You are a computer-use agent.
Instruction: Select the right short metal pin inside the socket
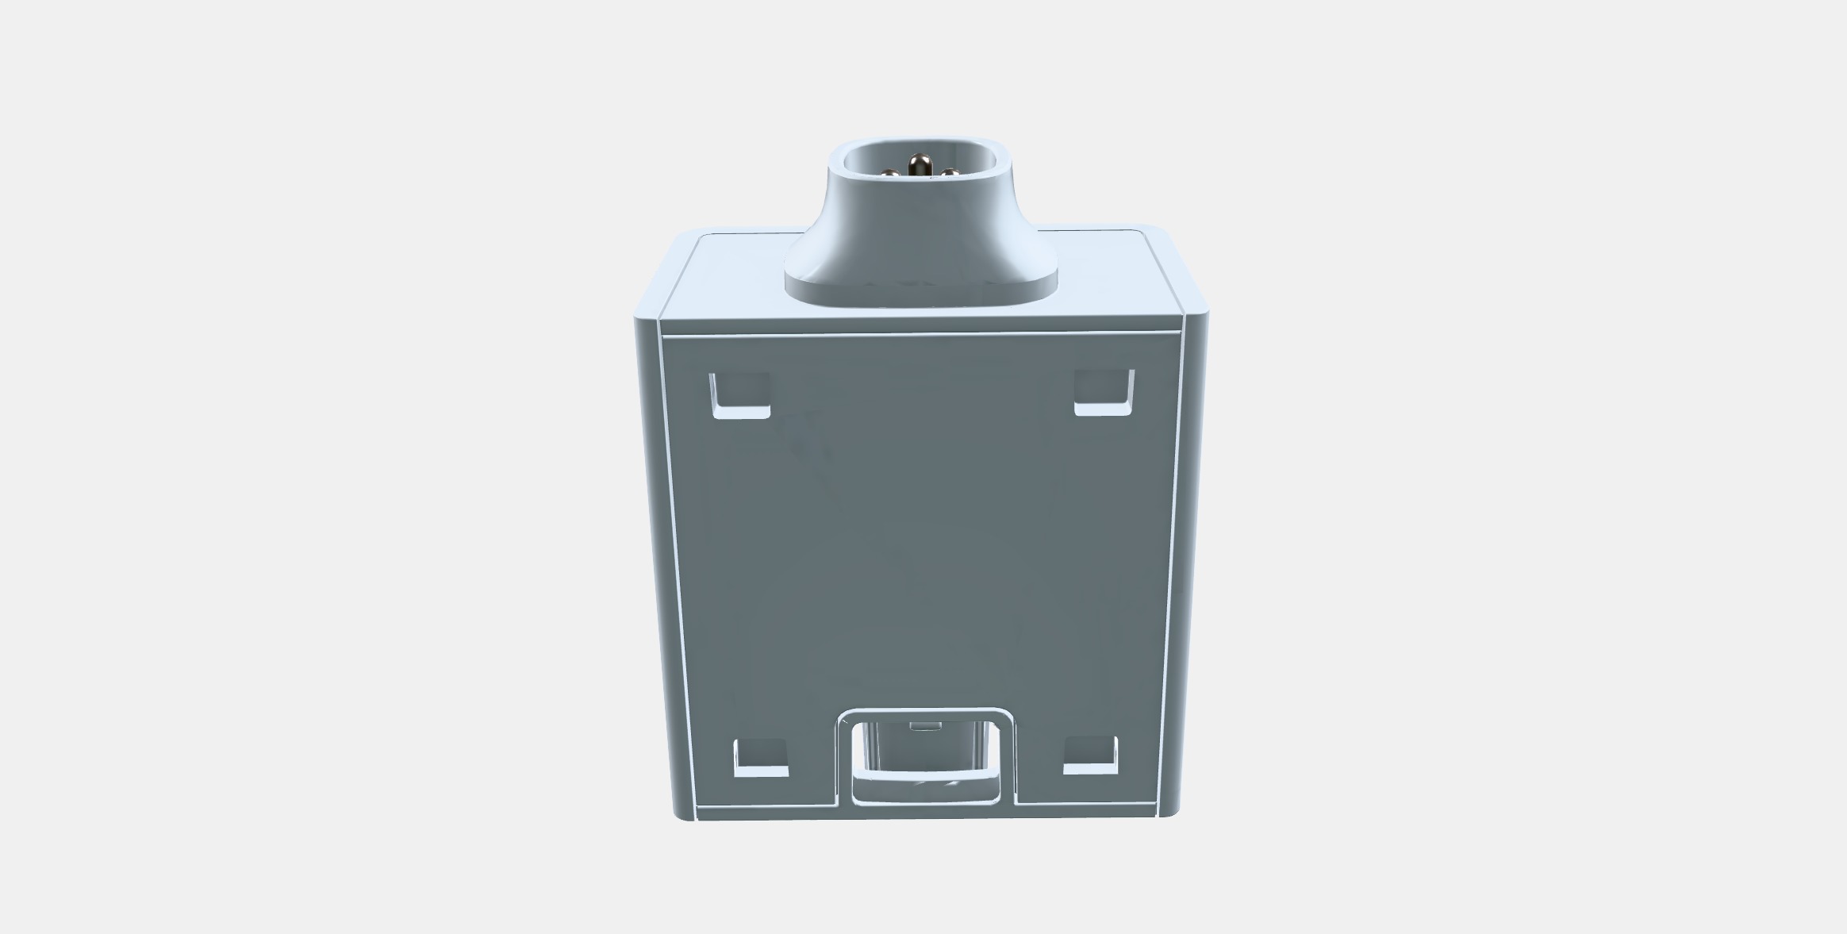pyautogui.click(x=950, y=172)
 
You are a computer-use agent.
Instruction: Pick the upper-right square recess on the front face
pyautogui.click(x=1104, y=391)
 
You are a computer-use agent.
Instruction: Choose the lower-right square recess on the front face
pyautogui.click(x=1090, y=755)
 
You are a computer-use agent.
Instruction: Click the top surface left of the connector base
pyautogui.click(x=730, y=278)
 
